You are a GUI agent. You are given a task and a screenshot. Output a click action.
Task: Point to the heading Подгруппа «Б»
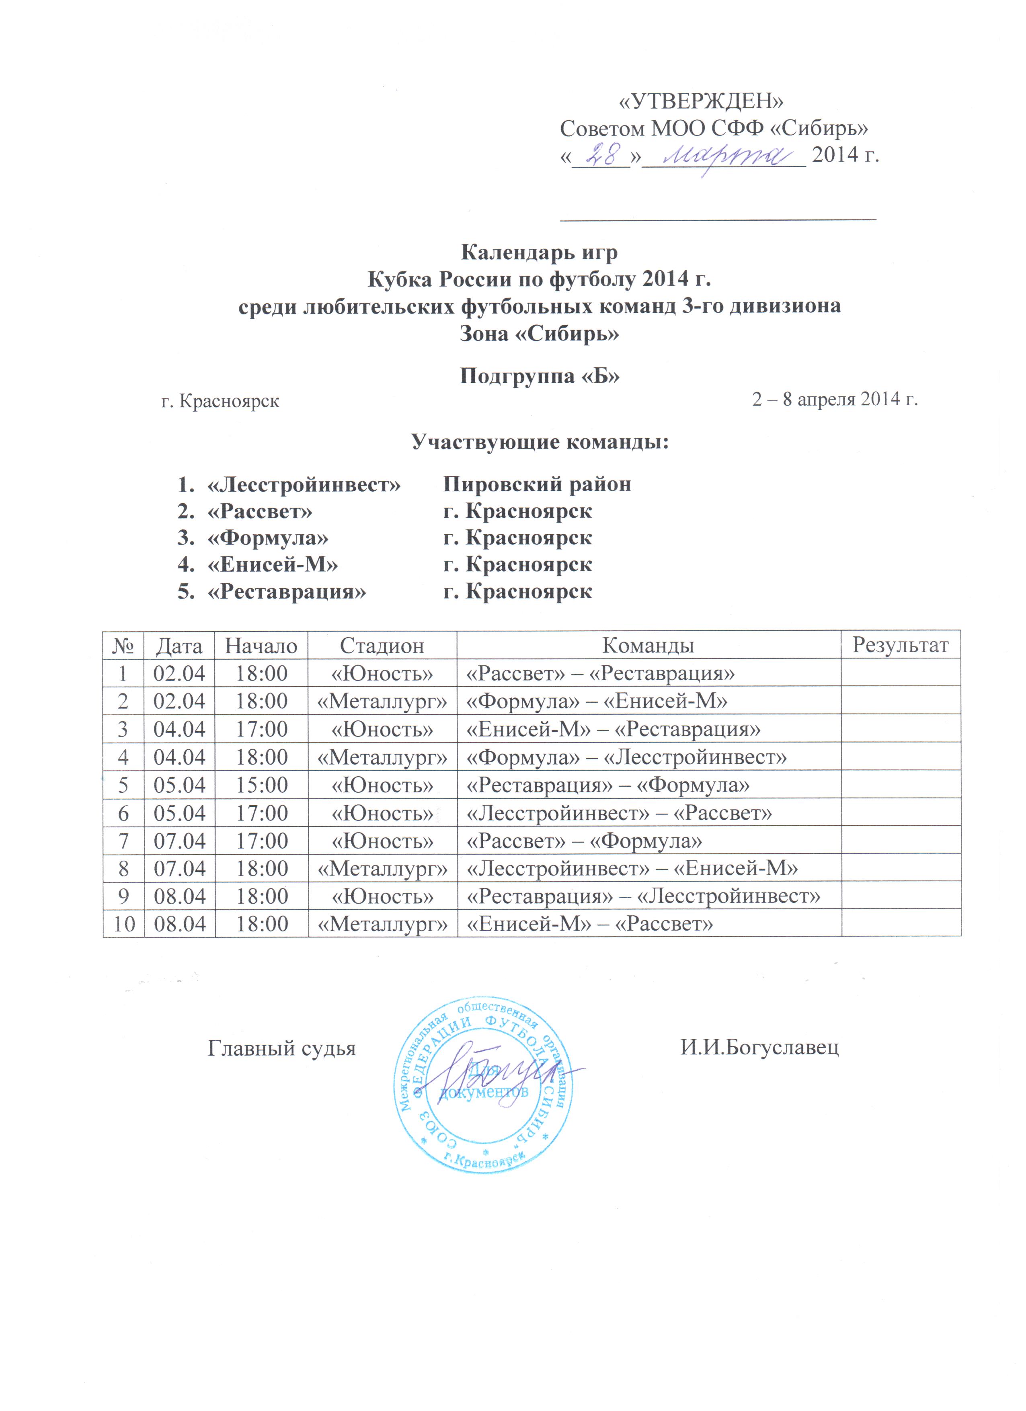tap(539, 376)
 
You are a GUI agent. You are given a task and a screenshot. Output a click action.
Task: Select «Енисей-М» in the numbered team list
tap(273, 564)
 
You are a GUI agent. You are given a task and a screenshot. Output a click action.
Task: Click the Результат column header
tap(900, 645)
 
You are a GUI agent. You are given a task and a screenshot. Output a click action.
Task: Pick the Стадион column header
tap(382, 646)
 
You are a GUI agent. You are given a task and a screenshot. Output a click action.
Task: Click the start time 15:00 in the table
tap(261, 785)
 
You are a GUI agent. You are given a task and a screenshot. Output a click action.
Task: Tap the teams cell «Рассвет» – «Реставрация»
tap(600, 673)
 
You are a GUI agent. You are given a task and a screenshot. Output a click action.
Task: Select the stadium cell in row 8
tap(382, 868)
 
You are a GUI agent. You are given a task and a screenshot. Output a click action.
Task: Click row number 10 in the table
tap(124, 924)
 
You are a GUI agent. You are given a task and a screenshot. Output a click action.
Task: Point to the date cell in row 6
tap(179, 813)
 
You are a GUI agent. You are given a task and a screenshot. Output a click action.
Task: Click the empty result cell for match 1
tap(900, 673)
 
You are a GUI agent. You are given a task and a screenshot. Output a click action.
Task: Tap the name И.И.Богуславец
tap(759, 1048)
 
